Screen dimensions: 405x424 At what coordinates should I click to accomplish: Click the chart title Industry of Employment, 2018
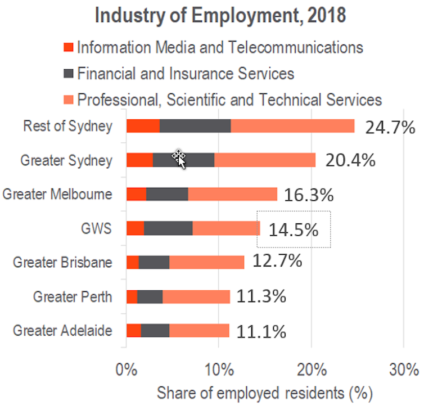click(220, 15)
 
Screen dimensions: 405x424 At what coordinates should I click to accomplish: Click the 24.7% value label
click(390, 127)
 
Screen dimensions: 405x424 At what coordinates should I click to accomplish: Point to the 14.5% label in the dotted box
click(293, 230)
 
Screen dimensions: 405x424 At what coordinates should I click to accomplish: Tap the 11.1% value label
click(261, 331)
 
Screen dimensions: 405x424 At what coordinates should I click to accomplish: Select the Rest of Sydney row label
click(67, 126)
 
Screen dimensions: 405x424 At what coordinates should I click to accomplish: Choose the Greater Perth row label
click(73, 296)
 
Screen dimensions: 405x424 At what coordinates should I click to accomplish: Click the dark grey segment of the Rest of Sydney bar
click(195, 126)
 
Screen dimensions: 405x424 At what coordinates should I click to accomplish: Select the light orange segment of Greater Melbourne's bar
click(232, 194)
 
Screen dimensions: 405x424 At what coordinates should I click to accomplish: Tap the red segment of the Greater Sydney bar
click(139, 160)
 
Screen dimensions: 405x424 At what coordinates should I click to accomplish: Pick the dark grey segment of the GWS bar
click(168, 228)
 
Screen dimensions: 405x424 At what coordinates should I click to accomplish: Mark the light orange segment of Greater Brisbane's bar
click(206, 262)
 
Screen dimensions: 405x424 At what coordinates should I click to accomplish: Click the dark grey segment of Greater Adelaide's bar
click(155, 330)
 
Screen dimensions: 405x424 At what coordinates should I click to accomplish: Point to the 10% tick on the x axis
click(219, 370)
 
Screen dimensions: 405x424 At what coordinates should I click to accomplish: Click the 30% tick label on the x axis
click(404, 370)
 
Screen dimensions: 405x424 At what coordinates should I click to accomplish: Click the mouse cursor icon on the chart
click(180, 159)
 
